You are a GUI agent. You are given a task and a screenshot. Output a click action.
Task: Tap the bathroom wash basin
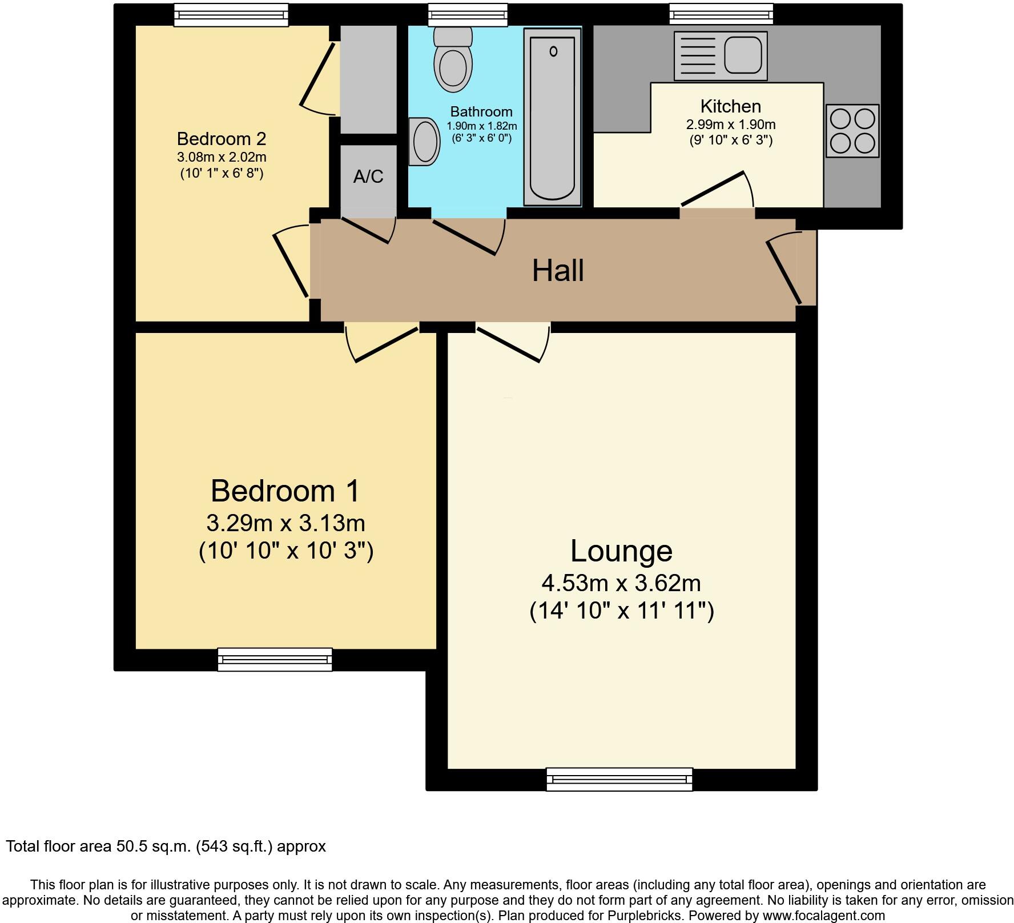tap(425, 142)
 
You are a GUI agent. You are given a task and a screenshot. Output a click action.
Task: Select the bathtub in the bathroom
tap(552, 117)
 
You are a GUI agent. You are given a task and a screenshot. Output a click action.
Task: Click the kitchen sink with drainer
tap(721, 55)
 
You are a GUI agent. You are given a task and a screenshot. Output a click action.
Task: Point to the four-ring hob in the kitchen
tap(852, 131)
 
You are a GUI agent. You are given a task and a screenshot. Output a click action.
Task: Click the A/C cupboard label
tap(368, 177)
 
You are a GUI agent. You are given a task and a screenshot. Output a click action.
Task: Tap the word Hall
tap(558, 271)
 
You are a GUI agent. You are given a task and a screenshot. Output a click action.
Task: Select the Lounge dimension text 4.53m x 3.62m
tap(621, 583)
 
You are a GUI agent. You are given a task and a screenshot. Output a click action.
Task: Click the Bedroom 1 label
tap(285, 491)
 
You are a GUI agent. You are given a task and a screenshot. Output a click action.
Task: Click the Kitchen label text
tap(730, 107)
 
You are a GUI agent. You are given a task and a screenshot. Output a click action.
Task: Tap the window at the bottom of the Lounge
tap(619, 779)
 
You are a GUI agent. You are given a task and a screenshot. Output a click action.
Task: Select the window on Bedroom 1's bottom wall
tap(275, 659)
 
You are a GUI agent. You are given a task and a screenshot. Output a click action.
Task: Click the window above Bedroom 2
tap(231, 15)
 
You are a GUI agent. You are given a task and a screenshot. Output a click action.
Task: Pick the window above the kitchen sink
tap(721, 14)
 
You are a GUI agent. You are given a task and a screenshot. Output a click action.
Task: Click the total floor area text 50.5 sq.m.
tap(166, 846)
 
